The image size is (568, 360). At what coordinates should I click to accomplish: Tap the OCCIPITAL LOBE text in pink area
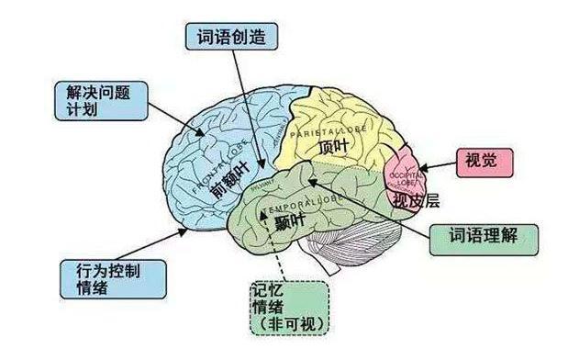click(404, 174)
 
